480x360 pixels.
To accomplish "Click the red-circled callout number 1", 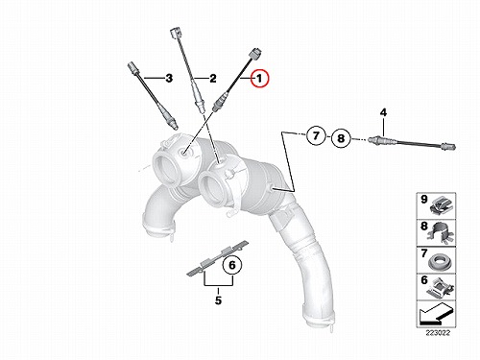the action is coord(260,79).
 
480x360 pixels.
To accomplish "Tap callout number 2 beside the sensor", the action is coord(213,79).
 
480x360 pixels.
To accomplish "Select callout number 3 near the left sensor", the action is coord(169,78).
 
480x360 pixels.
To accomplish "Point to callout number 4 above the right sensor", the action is coord(383,112).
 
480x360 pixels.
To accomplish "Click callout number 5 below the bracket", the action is coord(218,300).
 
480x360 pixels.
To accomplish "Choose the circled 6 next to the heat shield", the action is coord(232,265).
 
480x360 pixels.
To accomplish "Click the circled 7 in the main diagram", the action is coord(316,135).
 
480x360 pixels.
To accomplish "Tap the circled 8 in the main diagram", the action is coord(341,138).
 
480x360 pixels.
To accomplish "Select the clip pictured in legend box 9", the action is coord(441,207).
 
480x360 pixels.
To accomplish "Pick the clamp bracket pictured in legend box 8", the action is coord(441,234).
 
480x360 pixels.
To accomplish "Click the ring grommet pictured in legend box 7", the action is coord(440,262).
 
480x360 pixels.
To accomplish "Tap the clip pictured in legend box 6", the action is coord(441,288).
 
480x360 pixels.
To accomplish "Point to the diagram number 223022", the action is coord(438,333).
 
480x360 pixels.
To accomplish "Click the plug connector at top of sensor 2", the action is coord(175,34).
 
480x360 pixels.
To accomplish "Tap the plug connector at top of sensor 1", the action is coord(255,54).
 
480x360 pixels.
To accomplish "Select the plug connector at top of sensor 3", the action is coord(132,68).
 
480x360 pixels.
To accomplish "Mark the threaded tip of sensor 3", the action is coord(174,127).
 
